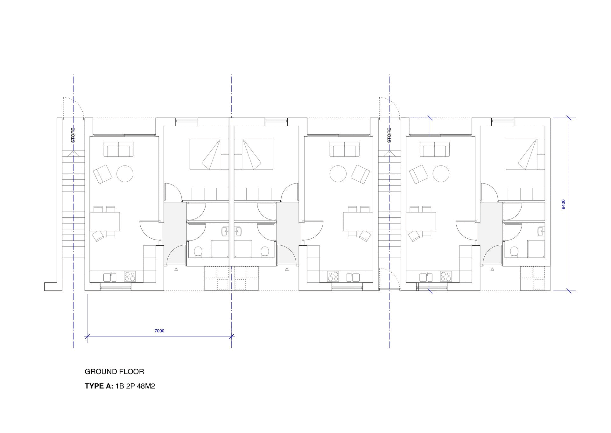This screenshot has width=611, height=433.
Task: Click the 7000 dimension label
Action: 159,331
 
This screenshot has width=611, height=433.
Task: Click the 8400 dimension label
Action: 564,204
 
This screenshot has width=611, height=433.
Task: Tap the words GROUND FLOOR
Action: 114,372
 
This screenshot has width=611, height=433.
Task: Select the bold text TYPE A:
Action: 99,387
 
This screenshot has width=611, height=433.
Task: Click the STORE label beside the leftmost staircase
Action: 73,135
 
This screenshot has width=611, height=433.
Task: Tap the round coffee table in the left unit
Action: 125,174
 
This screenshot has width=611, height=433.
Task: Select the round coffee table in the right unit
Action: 441,174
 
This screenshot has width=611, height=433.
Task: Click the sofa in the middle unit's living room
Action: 344,149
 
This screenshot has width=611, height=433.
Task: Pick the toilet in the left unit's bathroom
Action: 198,252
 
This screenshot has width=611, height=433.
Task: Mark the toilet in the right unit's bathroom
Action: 514,252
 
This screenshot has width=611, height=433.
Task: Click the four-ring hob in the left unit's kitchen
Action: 130,276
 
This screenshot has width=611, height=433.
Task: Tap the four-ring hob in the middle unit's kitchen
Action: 333,276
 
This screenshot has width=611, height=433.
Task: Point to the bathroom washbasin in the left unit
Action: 225,231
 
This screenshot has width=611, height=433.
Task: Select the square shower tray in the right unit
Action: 536,249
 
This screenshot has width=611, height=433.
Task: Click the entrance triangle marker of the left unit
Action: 176,269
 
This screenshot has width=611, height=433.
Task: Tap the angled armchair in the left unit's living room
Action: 102,174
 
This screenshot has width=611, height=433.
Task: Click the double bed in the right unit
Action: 525,154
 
